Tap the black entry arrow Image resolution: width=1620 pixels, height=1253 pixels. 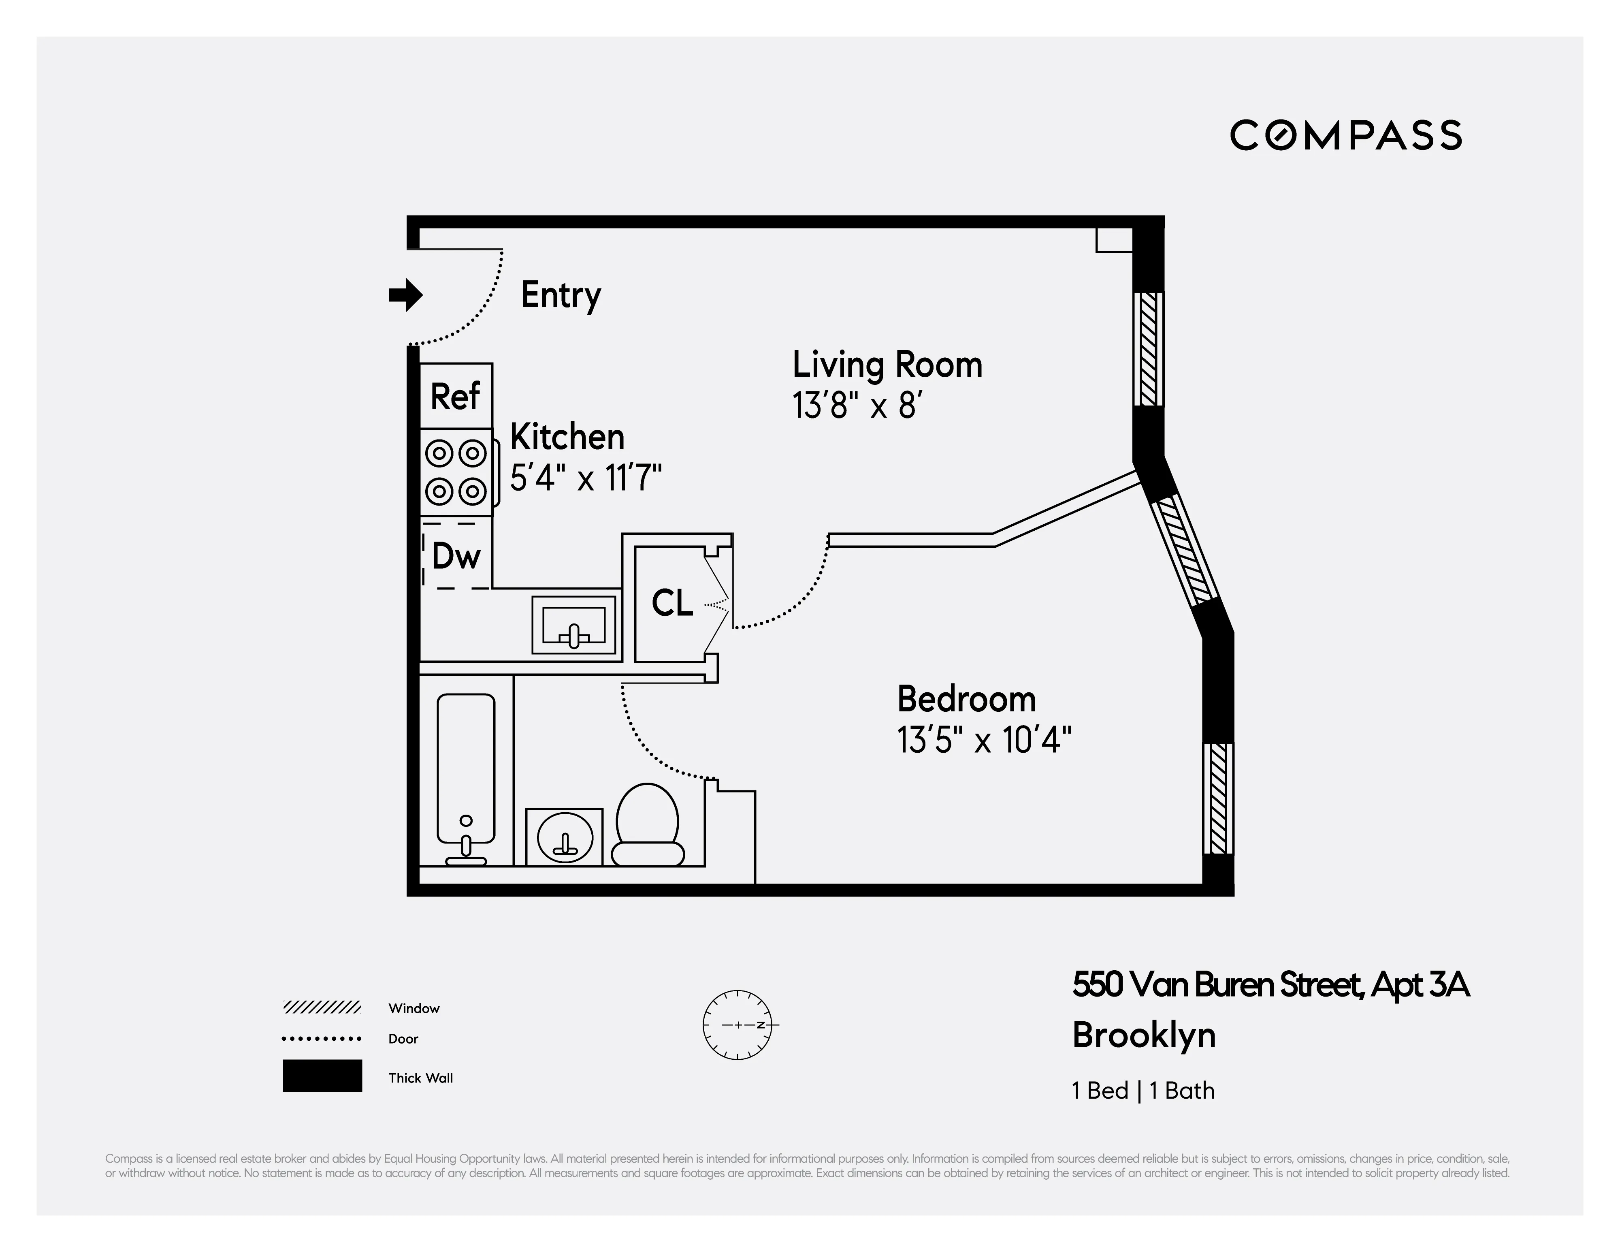click(406, 295)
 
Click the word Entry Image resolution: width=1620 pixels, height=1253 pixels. click(561, 295)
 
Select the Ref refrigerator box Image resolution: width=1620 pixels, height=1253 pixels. click(456, 396)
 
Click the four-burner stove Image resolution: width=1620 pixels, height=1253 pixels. click(456, 472)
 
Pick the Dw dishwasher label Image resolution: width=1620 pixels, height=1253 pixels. click(456, 556)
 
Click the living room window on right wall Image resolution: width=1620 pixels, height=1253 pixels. click(1148, 349)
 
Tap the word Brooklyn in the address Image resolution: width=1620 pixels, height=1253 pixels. click(1144, 1035)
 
